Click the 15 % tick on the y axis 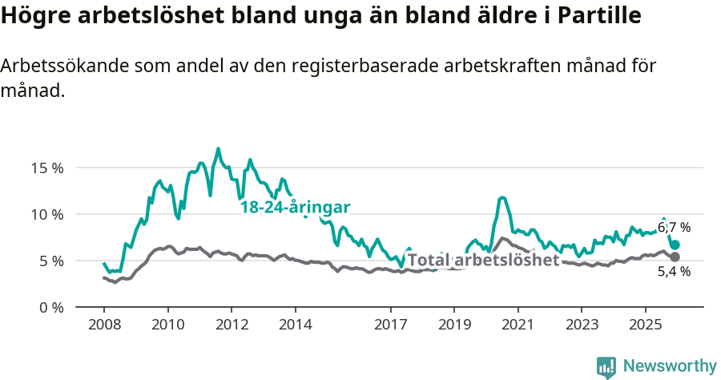pyautogui.click(x=46, y=168)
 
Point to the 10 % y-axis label pyautogui.click(x=46, y=214)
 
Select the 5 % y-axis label pyautogui.click(x=50, y=261)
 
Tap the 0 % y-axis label pyautogui.click(x=50, y=307)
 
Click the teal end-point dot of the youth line pyautogui.click(x=675, y=245)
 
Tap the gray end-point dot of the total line pyautogui.click(x=675, y=257)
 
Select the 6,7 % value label pyautogui.click(x=674, y=228)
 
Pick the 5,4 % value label pyautogui.click(x=674, y=272)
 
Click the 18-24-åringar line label pyautogui.click(x=295, y=207)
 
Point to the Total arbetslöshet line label pyautogui.click(x=483, y=261)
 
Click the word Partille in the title pyautogui.click(x=595, y=16)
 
